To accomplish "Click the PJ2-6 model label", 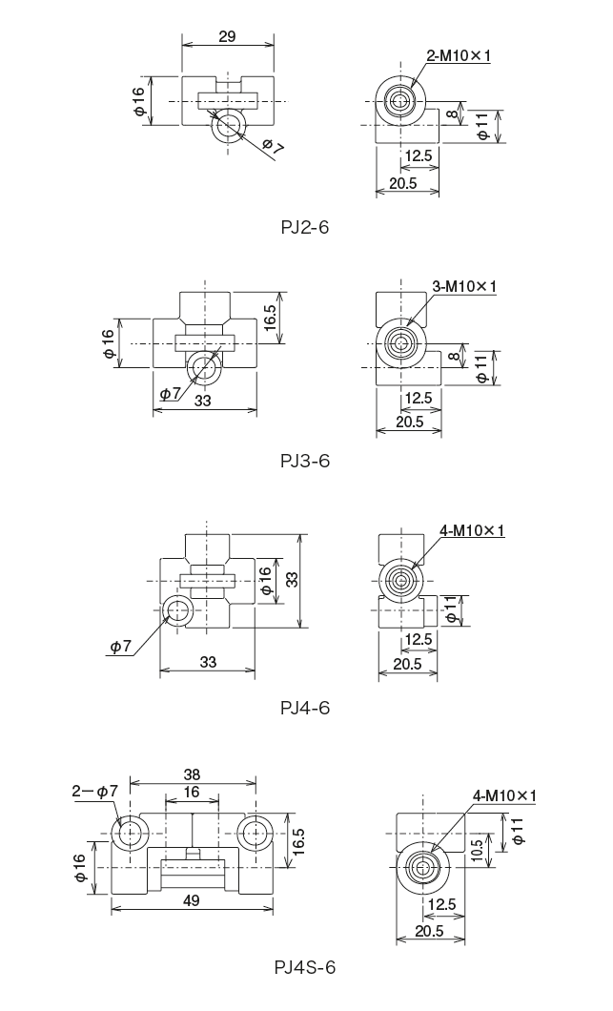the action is [304, 227].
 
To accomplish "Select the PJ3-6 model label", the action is [305, 461].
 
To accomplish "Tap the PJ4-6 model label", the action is [305, 708].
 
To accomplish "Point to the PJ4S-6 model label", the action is [305, 968].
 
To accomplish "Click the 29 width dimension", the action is [227, 36].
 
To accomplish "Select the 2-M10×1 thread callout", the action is [459, 56].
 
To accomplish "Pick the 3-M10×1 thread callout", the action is [464, 286].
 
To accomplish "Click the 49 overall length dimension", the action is [192, 900].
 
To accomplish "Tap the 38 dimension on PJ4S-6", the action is [192, 774].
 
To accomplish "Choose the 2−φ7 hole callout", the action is [94, 791].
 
